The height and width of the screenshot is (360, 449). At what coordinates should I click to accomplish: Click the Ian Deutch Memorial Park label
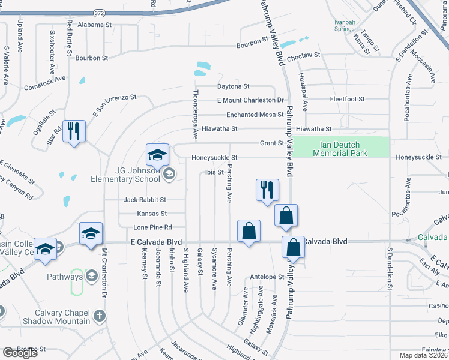[340, 148]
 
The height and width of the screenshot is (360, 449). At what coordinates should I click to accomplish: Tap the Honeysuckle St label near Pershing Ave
[214, 158]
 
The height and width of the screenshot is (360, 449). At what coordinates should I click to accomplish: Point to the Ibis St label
[214, 172]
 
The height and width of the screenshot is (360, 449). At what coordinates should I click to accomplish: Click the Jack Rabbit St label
[145, 199]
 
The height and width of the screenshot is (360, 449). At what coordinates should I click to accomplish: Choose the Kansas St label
[152, 213]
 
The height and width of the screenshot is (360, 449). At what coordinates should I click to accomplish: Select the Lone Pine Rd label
[152, 227]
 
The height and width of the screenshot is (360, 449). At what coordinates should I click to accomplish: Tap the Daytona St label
[233, 86]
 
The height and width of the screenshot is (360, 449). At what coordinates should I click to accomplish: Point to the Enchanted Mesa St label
[255, 115]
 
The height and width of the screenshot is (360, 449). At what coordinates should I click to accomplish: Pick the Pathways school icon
[91, 276]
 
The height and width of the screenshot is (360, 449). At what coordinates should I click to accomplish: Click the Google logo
[20, 353]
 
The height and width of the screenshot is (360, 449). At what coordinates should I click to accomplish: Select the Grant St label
[271, 143]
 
